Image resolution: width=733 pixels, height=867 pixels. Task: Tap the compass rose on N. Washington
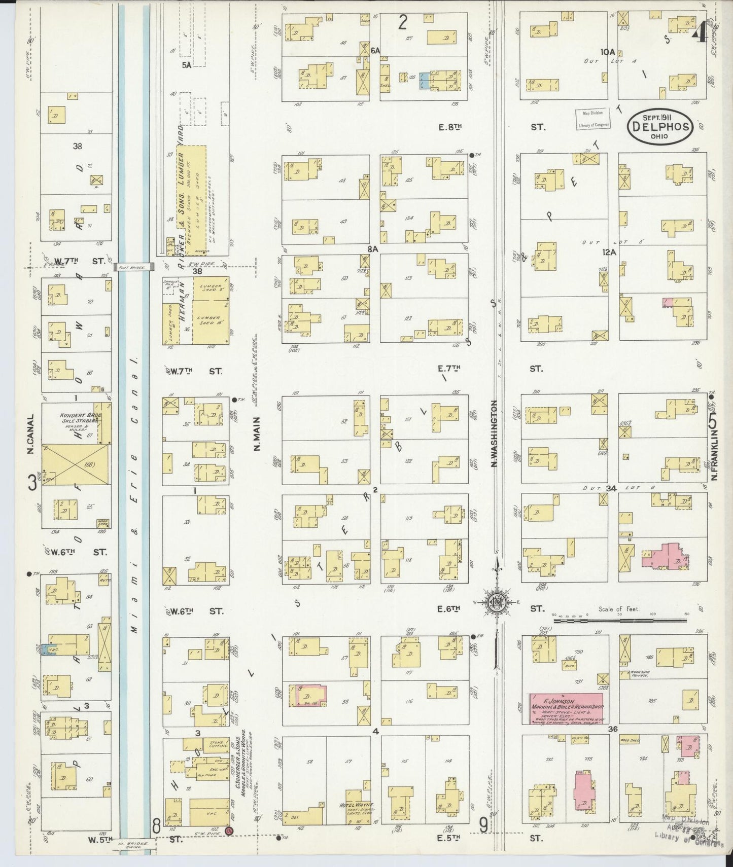496,601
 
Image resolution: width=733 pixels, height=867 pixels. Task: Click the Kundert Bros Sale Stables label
81,418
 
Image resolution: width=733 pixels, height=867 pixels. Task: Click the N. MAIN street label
256,434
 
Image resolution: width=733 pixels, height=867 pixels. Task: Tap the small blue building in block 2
424,81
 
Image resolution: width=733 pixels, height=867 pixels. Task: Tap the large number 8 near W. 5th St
156,826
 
